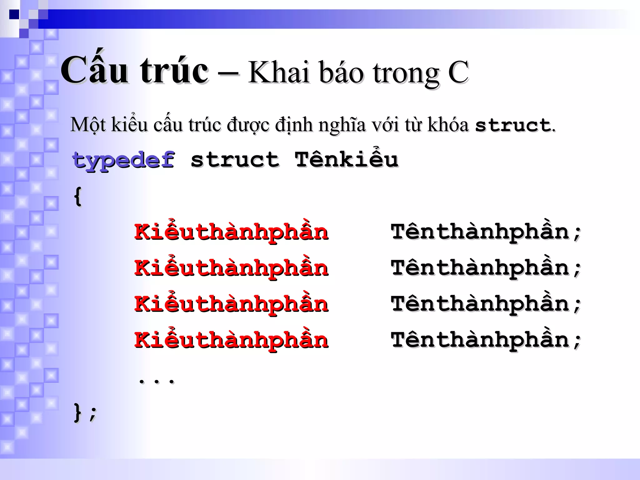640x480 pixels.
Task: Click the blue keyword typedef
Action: (123, 160)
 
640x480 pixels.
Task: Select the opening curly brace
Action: (78, 196)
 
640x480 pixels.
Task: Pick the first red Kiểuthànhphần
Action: (231, 232)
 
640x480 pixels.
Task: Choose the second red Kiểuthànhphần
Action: (231, 268)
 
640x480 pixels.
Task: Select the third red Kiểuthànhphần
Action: (231, 304)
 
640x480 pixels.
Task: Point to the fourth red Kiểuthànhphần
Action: (231, 340)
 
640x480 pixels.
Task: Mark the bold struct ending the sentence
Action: (512, 125)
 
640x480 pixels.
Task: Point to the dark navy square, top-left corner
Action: (14, 14)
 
